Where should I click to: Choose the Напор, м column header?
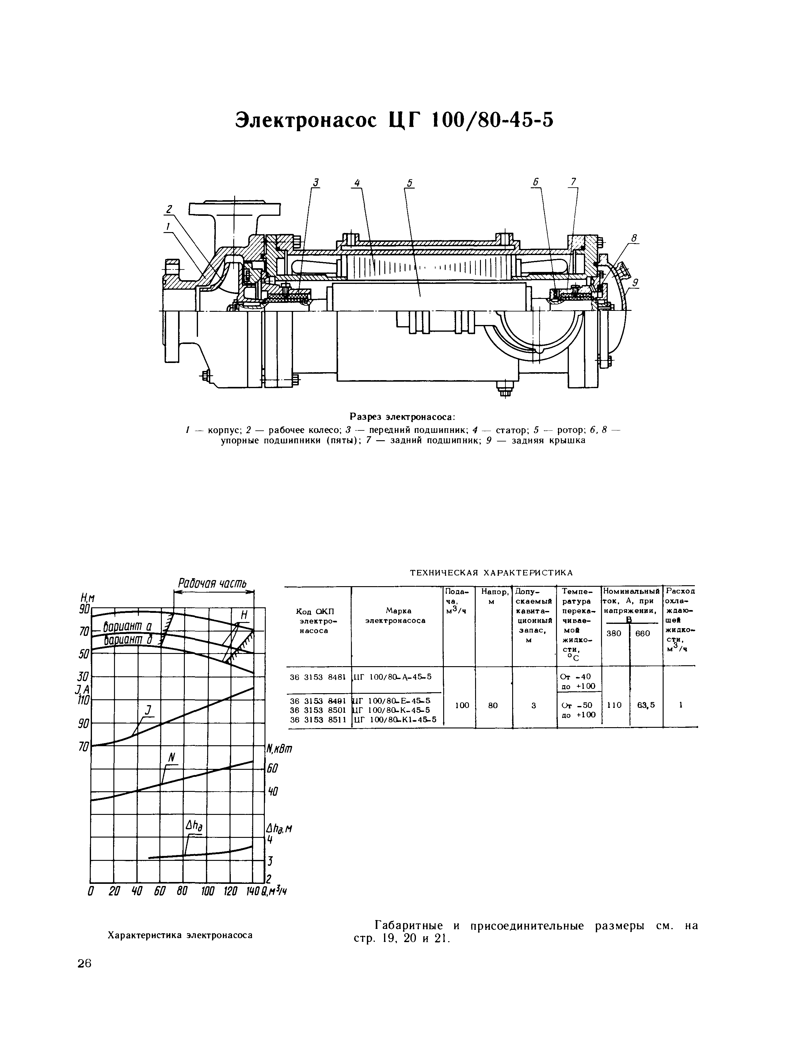click(x=494, y=596)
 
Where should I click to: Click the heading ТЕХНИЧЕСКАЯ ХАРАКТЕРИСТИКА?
click(x=491, y=573)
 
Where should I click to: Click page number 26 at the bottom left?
click(x=84, y=964)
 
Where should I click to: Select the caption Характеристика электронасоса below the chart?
click(x=180, y=935)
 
